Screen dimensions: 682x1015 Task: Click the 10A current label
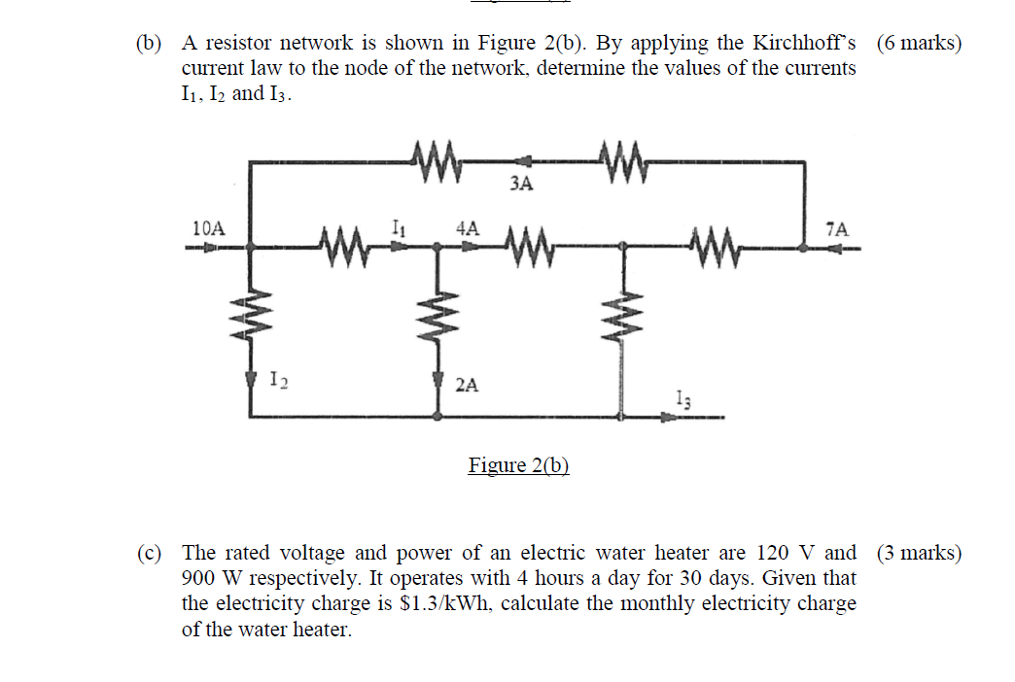(x=208, y=229)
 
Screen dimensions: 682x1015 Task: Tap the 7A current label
(x=836, y=230)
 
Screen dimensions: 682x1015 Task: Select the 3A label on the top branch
(x=521, y=184)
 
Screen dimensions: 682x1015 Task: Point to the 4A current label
(x=468, y=228)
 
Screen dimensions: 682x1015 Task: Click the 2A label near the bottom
(x=467, y=385)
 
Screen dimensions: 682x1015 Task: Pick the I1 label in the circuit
(x=397, y=228)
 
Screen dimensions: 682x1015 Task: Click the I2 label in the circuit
(x=277, y=379)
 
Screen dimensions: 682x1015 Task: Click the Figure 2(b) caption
(x=518, y=465)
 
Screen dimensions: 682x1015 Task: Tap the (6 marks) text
(x=919, y=44)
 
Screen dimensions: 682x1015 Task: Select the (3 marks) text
(x=919, y=554)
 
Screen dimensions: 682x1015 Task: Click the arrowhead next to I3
(x=669, y=418)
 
